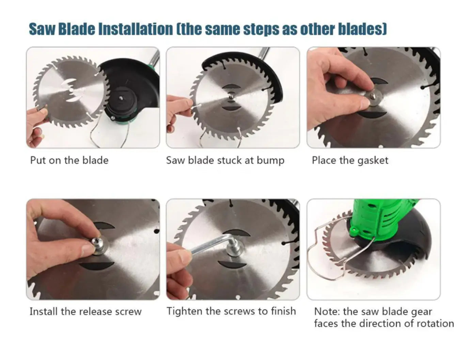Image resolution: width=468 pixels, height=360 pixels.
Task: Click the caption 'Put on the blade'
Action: (69, 160)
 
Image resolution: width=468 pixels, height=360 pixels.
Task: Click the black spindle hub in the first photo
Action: (121, 101)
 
